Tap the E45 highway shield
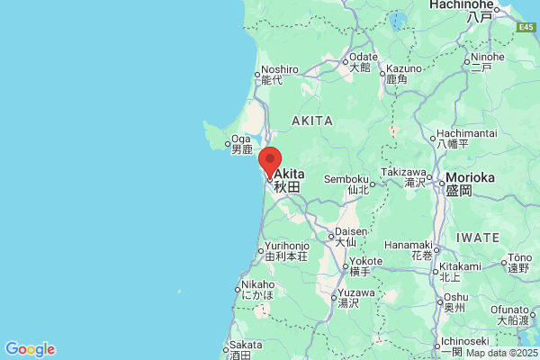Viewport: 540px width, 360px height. click(526, 28)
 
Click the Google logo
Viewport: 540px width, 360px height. click(30, 349)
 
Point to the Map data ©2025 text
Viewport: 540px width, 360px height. click(500, 353)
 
